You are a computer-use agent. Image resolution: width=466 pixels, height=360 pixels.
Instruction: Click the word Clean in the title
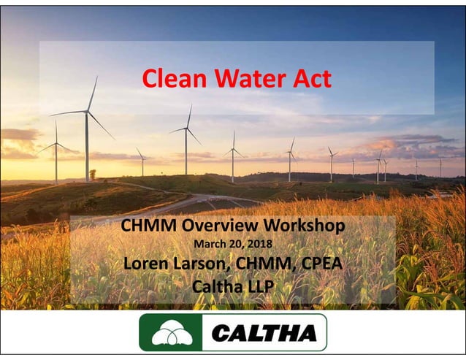click(x=168, y=78)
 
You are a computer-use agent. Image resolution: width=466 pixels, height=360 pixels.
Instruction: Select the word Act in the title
click(x=309, y=78)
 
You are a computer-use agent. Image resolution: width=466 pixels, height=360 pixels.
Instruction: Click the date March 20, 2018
click(x=232, y=245)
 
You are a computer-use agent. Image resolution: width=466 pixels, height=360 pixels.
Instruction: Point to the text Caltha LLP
click(x=232, y=286)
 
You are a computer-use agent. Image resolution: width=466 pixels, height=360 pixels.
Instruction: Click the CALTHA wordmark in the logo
click(x=264, y=334)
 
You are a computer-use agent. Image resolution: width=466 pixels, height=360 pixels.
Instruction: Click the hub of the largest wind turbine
click(x=88, y=112)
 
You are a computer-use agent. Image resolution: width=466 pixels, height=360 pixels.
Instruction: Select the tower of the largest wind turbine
click(x=88, y=146)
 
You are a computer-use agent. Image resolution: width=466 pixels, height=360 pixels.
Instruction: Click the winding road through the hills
click(x=197, y=200)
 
